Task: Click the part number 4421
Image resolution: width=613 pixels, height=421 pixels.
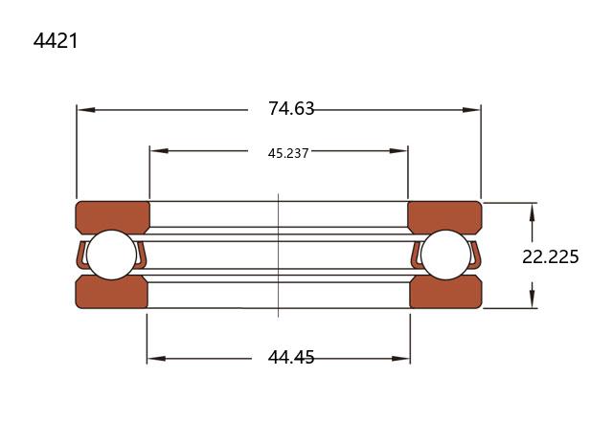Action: point(56,40)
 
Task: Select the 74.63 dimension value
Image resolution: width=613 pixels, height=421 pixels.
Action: point(291,108)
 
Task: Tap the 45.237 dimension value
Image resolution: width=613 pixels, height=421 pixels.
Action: point(288,153)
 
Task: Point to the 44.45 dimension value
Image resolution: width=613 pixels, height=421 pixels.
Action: point(291,357)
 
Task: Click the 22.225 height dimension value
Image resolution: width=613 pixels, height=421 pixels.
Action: point(551,257)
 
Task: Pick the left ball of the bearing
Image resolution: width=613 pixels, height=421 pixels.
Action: point(111,255)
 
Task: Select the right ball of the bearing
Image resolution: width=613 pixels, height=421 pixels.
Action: point(446,255)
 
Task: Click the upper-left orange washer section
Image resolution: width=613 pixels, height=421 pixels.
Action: point(113,217)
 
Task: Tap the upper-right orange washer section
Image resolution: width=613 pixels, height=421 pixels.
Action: point(444,217)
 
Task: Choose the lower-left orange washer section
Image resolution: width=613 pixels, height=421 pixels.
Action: point(112,292)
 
